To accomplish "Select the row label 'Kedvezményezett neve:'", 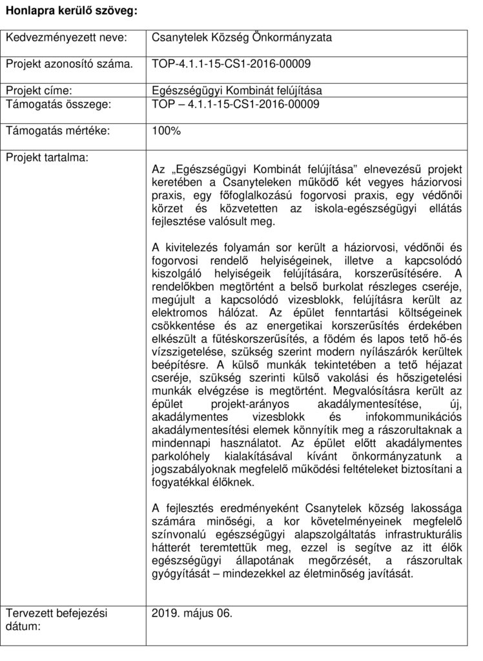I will coord(66,37).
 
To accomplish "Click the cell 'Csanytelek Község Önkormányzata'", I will coord(241,37).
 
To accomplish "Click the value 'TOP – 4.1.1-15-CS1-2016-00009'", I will coord(235,103).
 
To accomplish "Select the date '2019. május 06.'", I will coord(191,613).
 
